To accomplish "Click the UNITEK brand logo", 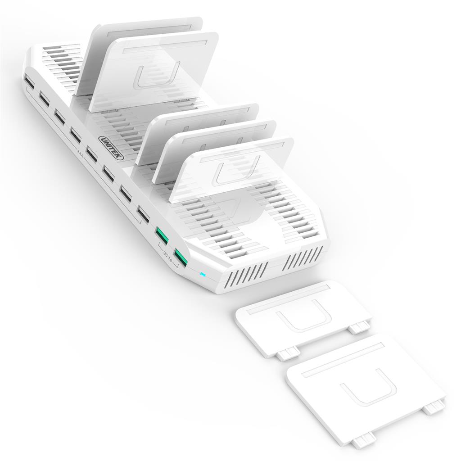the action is [110, 147].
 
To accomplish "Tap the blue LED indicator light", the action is [202, 275].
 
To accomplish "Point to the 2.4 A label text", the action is [80, 154].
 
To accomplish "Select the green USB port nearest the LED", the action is [181, 258].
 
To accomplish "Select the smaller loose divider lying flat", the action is [303, 319].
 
